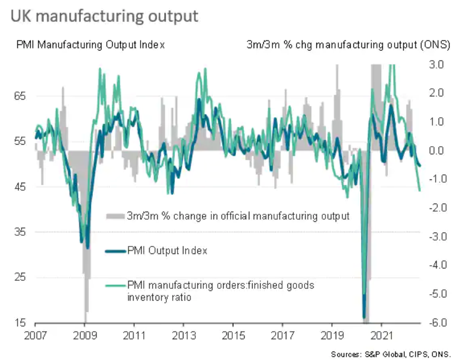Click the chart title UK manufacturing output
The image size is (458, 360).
click(104, 16)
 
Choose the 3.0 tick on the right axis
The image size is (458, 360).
click(435, 65)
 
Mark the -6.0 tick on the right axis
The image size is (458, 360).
click(434, 322)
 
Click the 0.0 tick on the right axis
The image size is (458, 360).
click(435, 151)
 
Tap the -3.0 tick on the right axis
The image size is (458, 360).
click(434, 236)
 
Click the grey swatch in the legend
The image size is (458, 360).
click(114, 216)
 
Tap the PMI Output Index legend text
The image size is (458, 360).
click(167, 251)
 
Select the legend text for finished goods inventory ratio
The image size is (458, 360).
click(220, 291)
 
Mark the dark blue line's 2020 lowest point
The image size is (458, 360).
click(365, 318)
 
